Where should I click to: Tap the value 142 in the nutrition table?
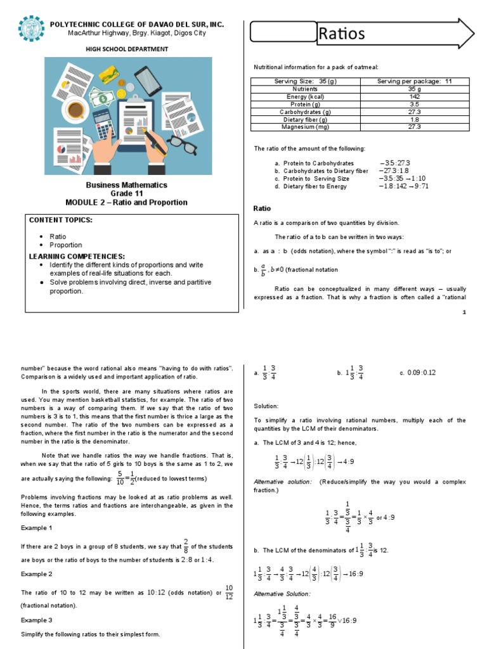415,96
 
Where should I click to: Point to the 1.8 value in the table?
415,119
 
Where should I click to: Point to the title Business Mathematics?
127,185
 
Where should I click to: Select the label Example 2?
37,574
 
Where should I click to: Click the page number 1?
464,312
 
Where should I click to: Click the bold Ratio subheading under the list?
262,209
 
